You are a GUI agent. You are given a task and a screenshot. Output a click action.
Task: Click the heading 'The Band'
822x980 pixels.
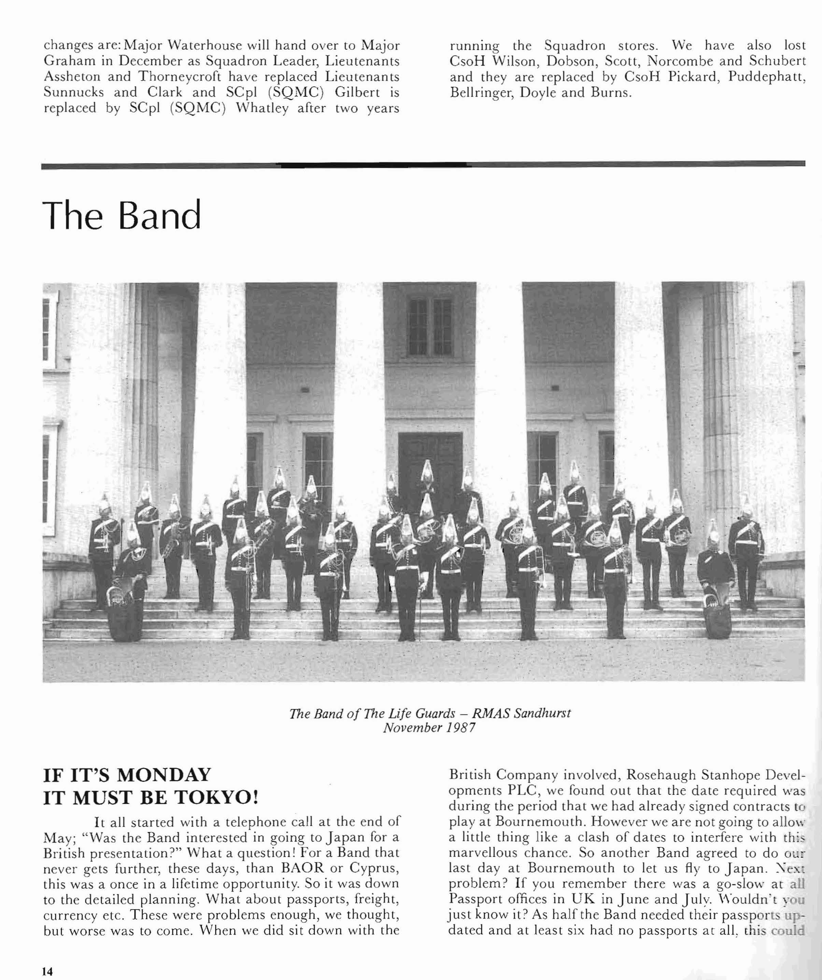click(x=122, y=215)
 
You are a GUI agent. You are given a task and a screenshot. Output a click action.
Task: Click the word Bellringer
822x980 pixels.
click(x=482, y=92)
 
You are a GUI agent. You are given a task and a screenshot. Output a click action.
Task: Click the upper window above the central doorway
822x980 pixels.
click(x=429, y=326)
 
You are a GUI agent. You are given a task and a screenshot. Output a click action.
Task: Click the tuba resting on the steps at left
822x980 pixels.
click(x=116, y=607)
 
